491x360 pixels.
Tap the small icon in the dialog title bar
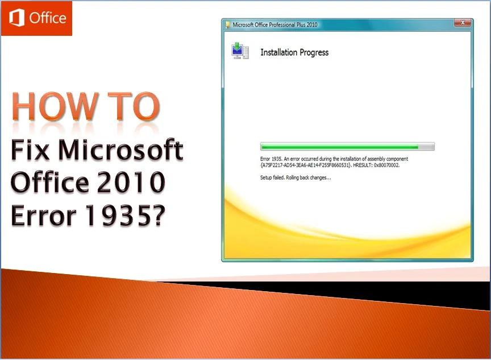[228, 24]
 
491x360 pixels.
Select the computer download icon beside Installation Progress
[238, 51]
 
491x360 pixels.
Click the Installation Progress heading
[294, 52]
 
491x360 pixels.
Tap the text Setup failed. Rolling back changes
[295, 177]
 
